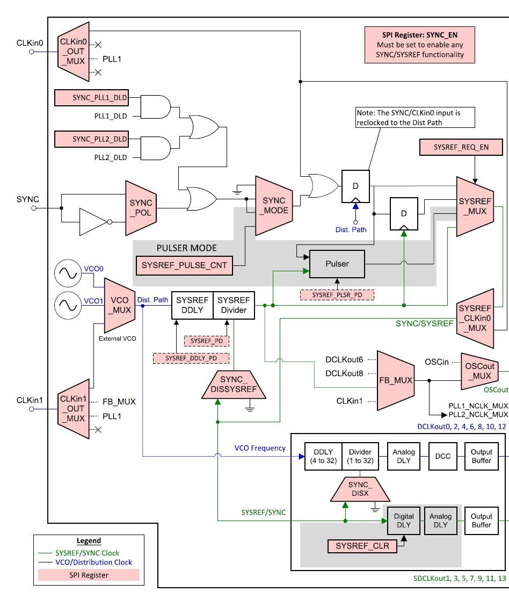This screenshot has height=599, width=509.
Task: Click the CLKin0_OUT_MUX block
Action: (x=74, y=51)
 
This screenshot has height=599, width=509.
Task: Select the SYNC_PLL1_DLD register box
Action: (x=92, y=98)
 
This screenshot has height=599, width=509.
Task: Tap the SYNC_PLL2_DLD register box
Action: (x=92, y=139)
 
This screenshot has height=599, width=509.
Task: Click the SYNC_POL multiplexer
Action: (x=141, y=207)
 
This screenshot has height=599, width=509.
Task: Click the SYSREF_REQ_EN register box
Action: (x=461, y=147)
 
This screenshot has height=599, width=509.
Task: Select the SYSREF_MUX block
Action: (x=474, y=206)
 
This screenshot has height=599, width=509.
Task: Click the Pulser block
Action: (x=337, y=264)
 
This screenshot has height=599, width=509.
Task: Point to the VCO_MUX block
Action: (x=119, y=305)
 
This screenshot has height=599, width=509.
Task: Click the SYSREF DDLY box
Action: (x=192, y=305)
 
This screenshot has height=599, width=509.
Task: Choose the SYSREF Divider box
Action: (x=234, y=305)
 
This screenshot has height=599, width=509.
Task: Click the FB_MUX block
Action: (x=396, y=380)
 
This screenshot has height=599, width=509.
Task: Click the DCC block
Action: (x=442, y=456)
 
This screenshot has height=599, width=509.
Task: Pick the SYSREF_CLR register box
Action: (x=362, y=546)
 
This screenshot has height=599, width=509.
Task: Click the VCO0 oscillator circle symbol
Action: (x=68, y=273)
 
